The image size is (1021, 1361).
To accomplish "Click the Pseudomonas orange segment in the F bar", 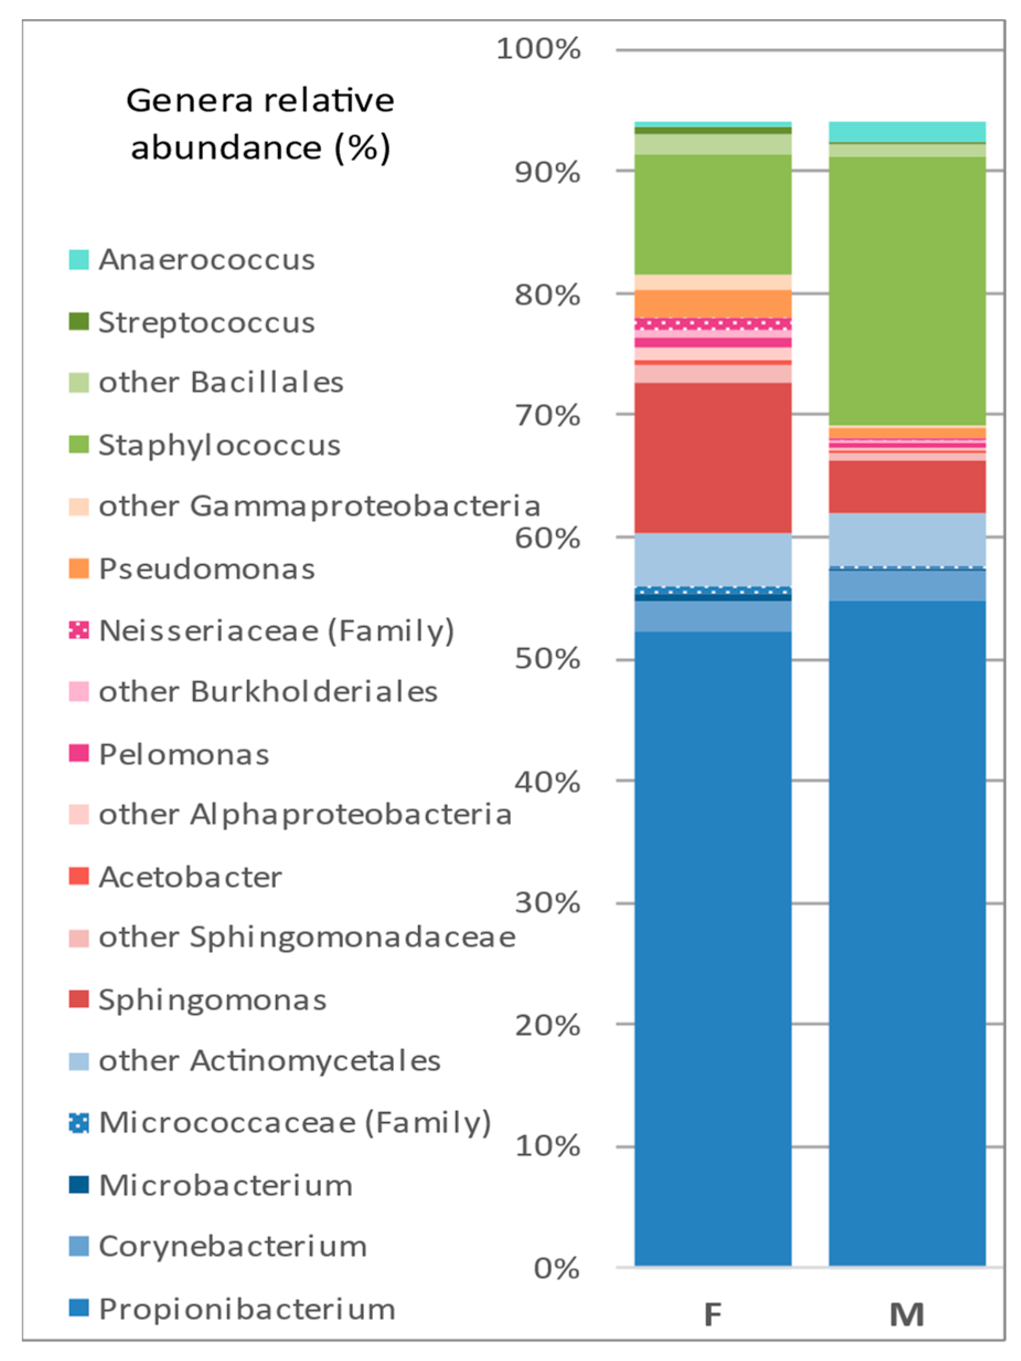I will pyautogui.click(x=712, y=304).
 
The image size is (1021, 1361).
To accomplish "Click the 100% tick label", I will pyautogui.click(x=538, y=49).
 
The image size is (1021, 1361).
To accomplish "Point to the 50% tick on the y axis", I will pyautogui.click(x=547, y=659).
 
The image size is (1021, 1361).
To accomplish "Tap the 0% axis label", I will pyautogui.click(x=556, y=1269).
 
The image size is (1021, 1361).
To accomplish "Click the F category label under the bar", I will pyautogui.click(x=712, y=1314).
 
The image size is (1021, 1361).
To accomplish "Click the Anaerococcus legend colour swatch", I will pyautogui.click(x=79, y=259).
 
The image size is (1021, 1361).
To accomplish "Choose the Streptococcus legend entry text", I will pyautogui.click(x=206, y=322).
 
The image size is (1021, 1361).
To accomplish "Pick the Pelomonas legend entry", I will pyautogui.click(x=183, y=754).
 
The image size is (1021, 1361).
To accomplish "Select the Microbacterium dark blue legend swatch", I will pyautogui.click(x=79, y=1184).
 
